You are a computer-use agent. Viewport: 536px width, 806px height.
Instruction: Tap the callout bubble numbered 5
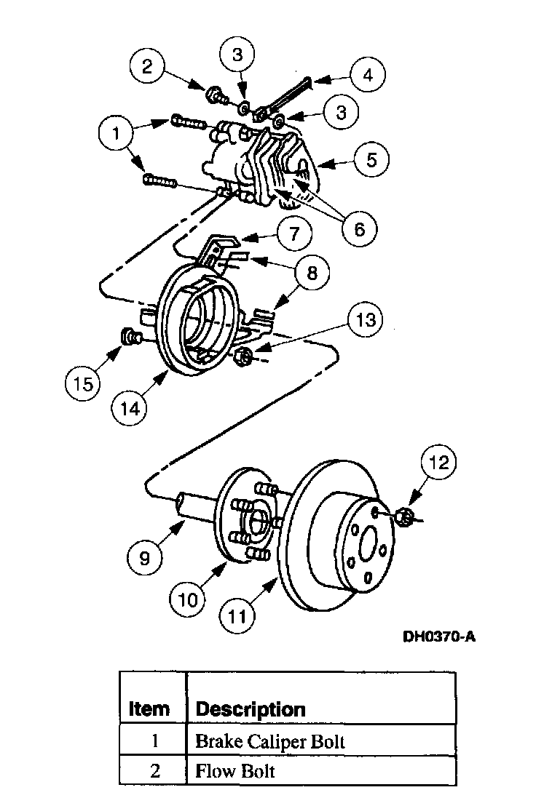click(x=372, y=160)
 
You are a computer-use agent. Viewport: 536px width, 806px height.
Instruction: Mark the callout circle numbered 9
click(x=144, y=558)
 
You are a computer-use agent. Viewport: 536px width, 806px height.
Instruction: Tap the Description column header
click(x=251, y=709)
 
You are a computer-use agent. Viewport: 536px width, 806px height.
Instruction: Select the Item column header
click(x=149, y=709)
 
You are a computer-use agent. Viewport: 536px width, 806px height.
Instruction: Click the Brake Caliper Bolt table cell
click(x=269, y=741)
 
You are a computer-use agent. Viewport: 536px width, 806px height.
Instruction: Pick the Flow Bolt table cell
click(x=234, y=771)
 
